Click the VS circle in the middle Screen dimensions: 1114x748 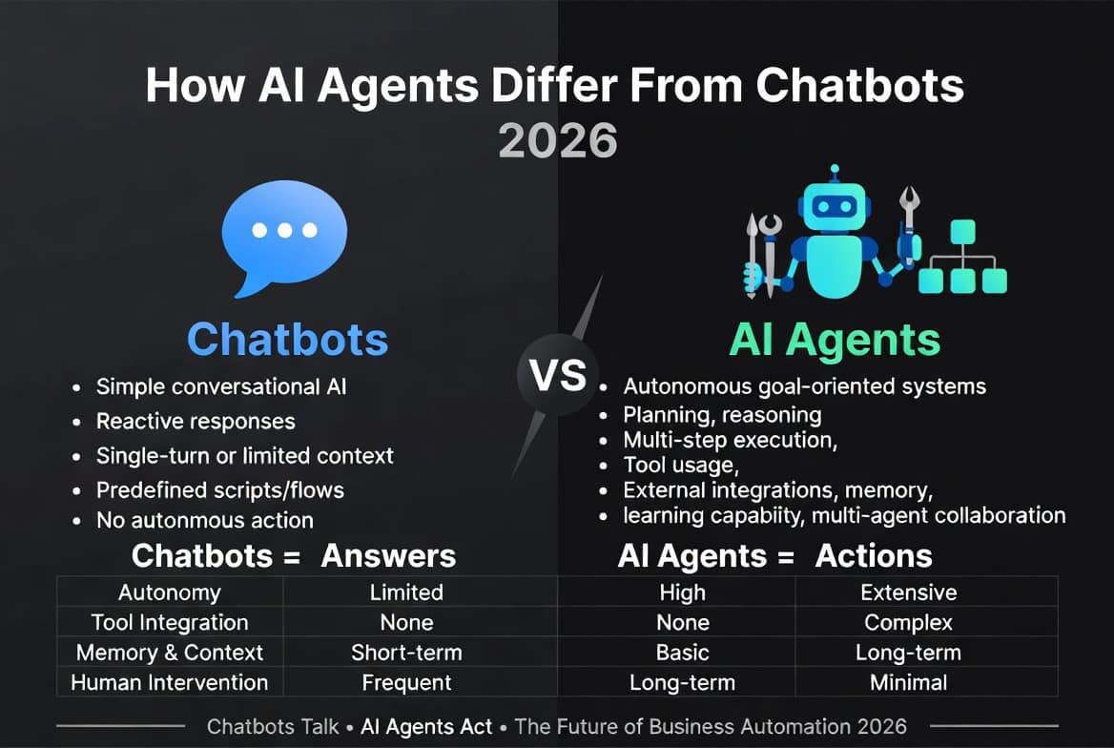[x=558, y=375]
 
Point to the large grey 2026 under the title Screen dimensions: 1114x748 [x=558, y=140]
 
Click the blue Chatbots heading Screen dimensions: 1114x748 [x=288, y=339]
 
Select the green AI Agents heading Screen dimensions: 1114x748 [x=835, y=339]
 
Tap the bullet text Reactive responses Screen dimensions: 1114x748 [x=196, y=421]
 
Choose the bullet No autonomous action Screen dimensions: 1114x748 [x=205, y=521]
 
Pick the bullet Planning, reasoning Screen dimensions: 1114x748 [x=722, y=414]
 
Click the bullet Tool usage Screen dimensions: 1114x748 [x=681, y=465]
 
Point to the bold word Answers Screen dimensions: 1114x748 [x=388, y=556]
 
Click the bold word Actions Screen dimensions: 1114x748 [x=874, y=556]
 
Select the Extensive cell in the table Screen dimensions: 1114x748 [x=909, y=592]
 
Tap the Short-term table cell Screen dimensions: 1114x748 [x=406, y=653]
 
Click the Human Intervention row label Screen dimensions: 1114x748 [x=170, y=682]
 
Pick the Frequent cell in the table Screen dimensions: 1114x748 [x=406, y=683]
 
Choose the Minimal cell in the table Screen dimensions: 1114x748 [x=909, y=683]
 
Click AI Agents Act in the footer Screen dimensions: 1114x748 [x=426, y=727]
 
